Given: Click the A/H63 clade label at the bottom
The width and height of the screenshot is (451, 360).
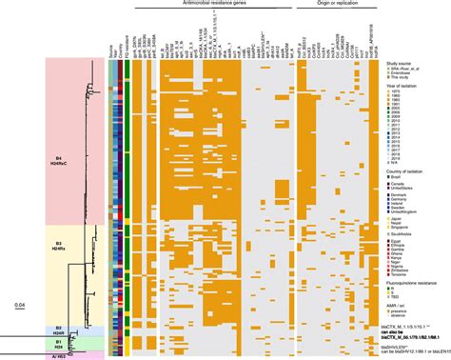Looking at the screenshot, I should pos(57,353).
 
